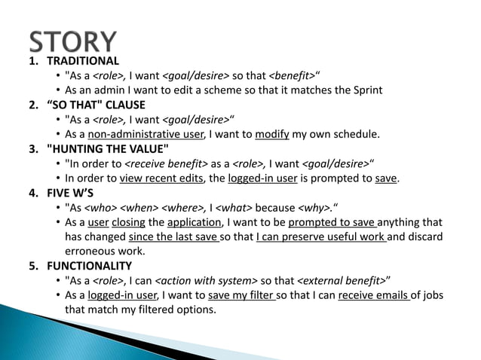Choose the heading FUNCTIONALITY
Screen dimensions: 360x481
coord(89,266)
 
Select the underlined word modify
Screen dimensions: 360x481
coord(273,134)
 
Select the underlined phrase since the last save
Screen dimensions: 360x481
coord(179,237)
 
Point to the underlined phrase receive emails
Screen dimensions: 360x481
coord(374,295)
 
